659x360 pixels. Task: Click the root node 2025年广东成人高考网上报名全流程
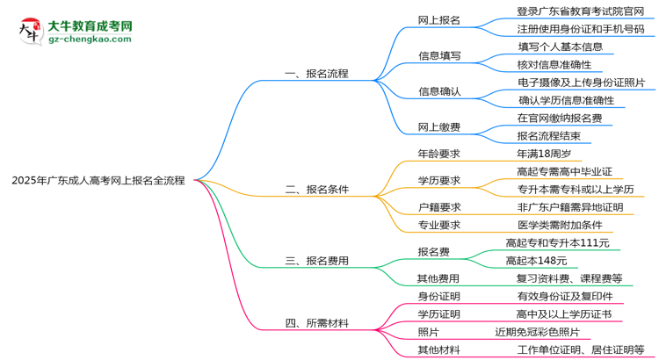(x=98, y=180)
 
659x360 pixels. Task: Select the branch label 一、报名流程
(x=317, y=74)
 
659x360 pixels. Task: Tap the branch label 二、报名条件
(x=317, y=189)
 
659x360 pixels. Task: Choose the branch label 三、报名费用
(x=317, y=260)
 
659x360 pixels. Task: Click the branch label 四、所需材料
(x=317, y=323)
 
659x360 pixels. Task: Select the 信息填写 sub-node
(x=439, y=55)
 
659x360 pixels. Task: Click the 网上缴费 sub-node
(x=439, y=127)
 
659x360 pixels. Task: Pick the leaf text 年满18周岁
(x=538, y=153)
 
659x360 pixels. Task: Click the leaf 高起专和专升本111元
(x=557, y=242)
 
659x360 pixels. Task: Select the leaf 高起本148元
(x=536, y=260)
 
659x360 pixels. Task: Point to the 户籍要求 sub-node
(x=439, y=207)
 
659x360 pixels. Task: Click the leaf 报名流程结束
(x=548, y=136)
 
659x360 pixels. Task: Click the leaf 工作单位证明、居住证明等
(x=580, y=349)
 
